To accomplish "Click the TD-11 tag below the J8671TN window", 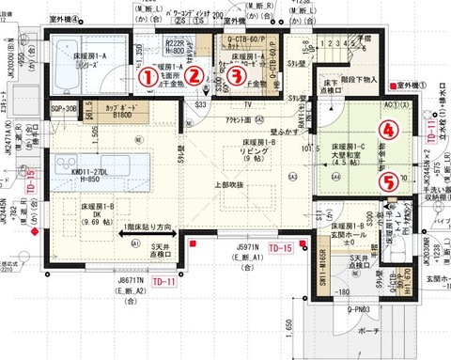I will point(164,281).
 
